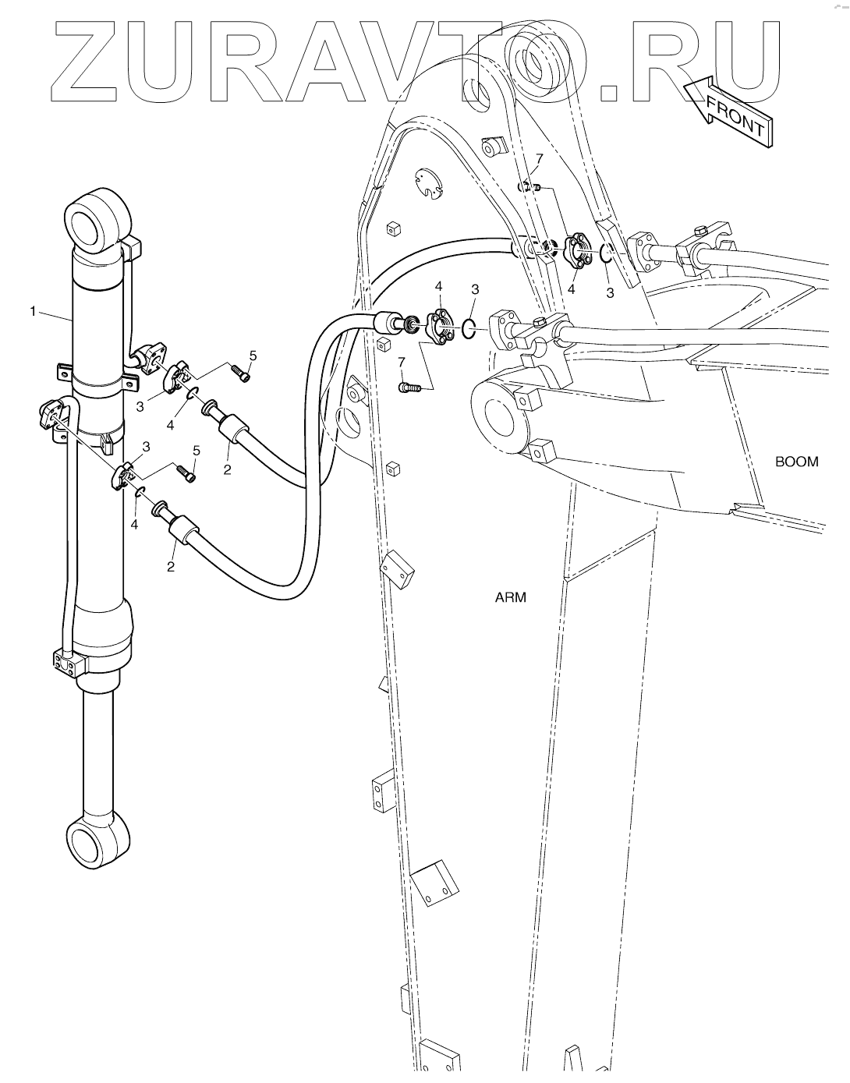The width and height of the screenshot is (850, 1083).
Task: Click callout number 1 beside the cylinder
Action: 33,311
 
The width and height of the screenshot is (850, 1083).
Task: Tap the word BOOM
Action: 796,462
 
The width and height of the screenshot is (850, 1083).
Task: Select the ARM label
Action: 511,598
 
